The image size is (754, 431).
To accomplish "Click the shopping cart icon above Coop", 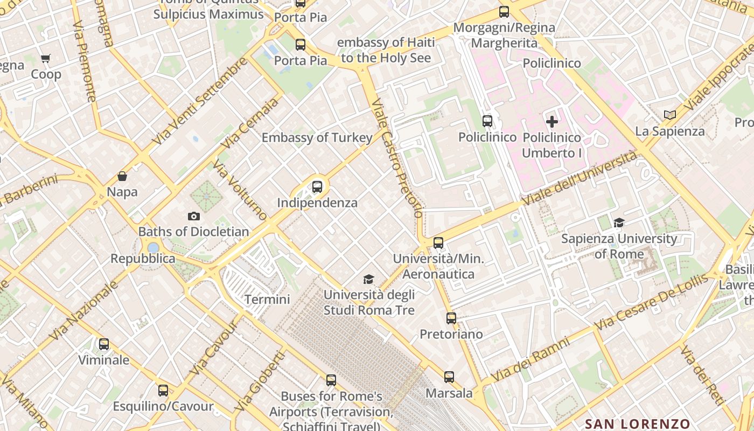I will point(46,58).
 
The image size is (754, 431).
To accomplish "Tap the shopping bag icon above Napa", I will point(122,176).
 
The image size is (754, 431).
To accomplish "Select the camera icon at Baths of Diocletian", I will point(194,216).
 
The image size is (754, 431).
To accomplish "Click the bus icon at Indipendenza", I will point(317,187).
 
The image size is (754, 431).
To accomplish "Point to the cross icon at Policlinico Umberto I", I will point(552,122).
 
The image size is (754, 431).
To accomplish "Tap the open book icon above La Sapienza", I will point(669,115).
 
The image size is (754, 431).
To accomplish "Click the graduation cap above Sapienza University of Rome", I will point(619,223).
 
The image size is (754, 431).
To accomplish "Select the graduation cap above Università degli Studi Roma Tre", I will point(368,279).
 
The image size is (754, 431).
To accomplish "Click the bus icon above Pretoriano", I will point(451,318).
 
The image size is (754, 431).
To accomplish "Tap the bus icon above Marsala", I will point(449,377).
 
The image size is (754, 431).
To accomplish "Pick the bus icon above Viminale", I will point(104,344).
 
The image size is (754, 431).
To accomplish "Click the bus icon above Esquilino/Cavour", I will point(163,391).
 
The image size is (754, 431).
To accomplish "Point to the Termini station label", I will point(267,300).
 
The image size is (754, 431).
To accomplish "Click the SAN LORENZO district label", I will point(637,423).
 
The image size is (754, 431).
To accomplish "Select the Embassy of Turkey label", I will point(317,138).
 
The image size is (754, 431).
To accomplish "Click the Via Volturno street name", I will point(240,190).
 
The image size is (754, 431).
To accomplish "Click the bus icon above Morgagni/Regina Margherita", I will point(504,12).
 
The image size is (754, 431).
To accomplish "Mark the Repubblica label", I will point(143,259).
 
